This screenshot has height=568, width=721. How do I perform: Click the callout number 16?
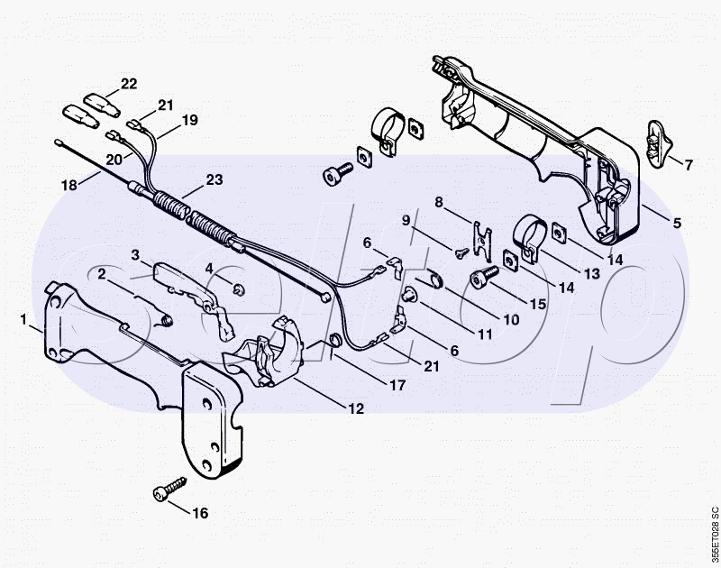[200, 513]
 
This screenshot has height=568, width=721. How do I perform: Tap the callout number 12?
[356, 408]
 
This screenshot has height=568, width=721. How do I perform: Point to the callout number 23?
[214, 179]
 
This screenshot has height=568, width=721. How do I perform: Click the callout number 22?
[129, 84]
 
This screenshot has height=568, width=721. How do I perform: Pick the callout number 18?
[69, 185]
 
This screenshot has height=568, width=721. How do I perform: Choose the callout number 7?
[689, 165]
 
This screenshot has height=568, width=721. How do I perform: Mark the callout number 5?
[677, 223]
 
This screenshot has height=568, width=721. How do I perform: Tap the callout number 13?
[592, 274]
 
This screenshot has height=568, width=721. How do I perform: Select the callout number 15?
[537, 304]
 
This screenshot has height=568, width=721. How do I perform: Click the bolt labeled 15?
[484, 277]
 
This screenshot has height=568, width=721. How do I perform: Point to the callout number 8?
[439, 202]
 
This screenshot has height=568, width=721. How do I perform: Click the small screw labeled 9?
[461, 252]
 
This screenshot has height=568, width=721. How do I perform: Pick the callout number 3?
[134, 254]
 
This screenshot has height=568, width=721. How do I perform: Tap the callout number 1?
[23, 319]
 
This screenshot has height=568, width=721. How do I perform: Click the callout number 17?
[397, 385]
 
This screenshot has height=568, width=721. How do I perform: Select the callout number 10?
[511, 320]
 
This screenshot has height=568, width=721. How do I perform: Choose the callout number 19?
[189, 120]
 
